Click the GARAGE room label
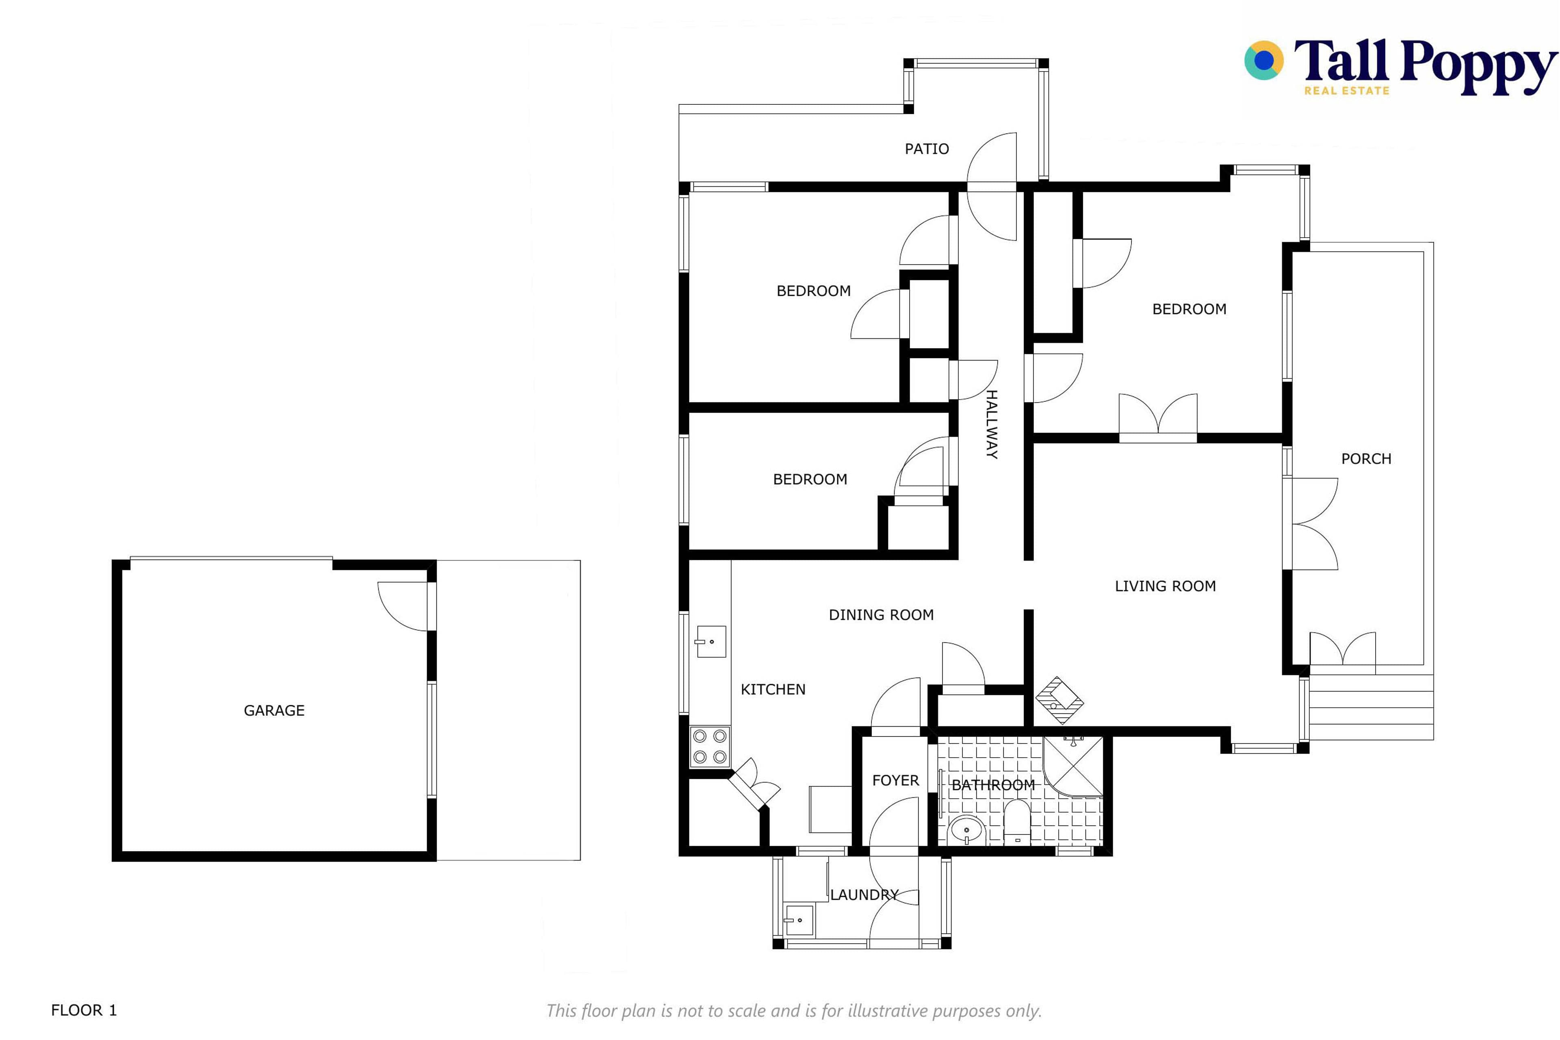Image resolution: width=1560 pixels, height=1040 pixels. pyautogui.click(x=274, y=711)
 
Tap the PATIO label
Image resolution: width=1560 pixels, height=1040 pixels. pyautogui.click(x=927, y=149)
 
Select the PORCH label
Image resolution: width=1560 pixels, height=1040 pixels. pyautogui.click(x=1366, y=458)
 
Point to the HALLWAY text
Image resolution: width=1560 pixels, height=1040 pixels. pyautogui.click(x=991, y=425)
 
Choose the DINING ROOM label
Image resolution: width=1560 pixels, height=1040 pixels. pyautogui.click(x=881, y=615)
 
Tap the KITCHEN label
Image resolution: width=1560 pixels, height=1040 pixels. pyautogui.click(x=773, y=689)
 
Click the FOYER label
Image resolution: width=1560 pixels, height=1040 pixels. pyautogui.click(x=895, y=780)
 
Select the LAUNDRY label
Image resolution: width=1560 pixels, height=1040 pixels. pyautogui.click(x=864, y=895)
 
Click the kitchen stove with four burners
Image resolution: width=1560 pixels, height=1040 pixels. pyautogui.click(x=710, y=746)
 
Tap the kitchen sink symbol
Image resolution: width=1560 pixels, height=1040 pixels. pyautogui.click(x=711, y=641)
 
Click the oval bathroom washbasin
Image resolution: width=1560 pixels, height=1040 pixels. pyautogui.click(x=967, y=830)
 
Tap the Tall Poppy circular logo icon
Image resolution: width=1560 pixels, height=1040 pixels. pyautogui.click(x=1263, y=61)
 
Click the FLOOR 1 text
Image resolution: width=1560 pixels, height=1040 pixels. pyautogui.click(x=84, y=1010)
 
